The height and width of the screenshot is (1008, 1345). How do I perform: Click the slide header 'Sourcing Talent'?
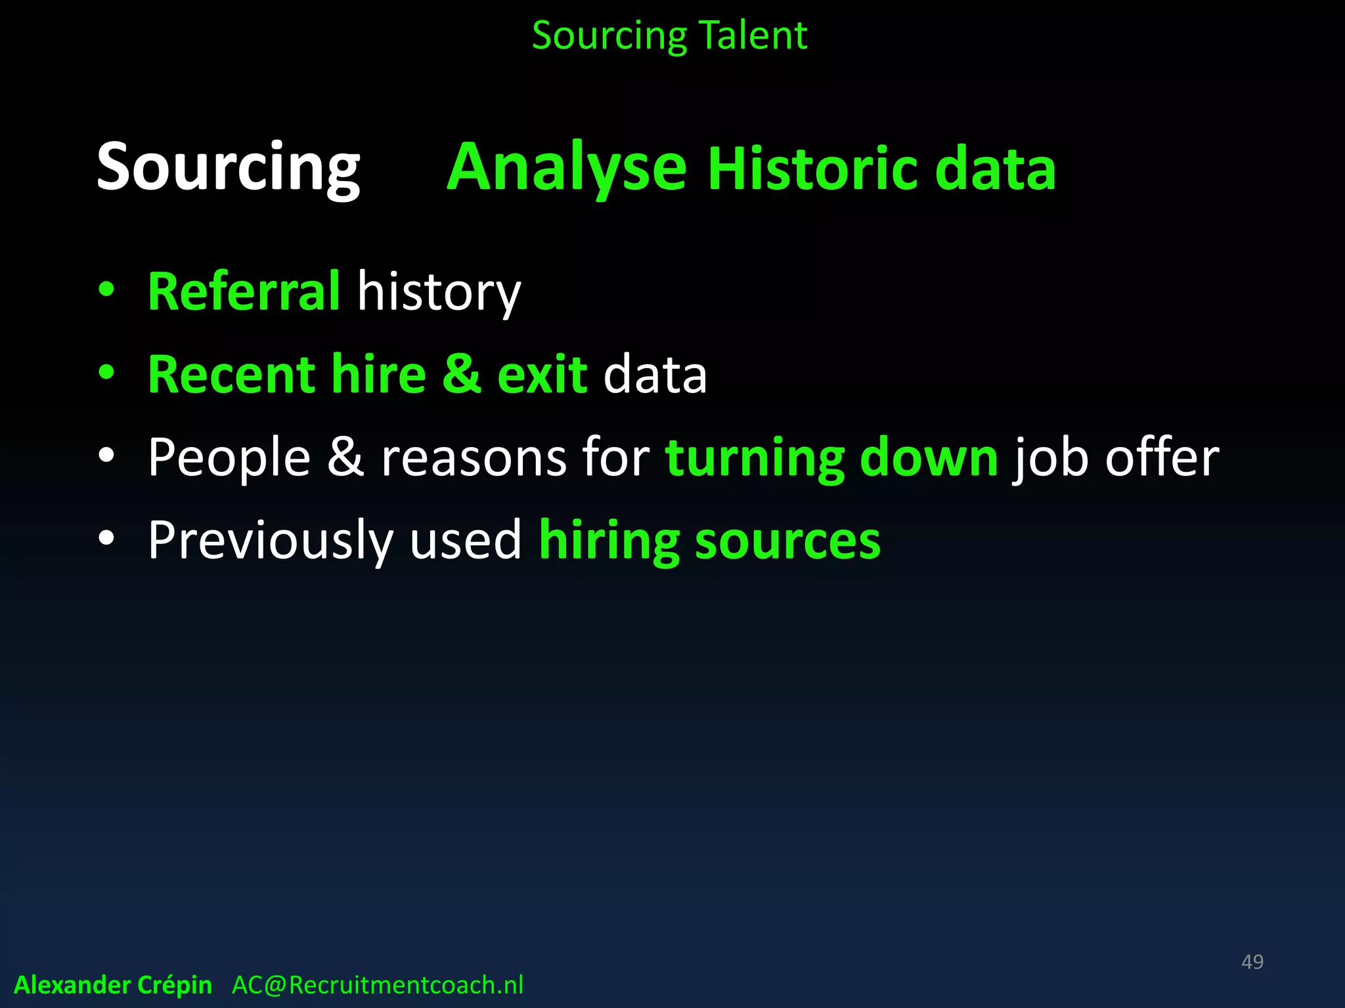669,35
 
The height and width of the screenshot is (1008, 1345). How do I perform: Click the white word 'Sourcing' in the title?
228,168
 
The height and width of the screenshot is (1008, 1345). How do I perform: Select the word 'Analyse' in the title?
567,168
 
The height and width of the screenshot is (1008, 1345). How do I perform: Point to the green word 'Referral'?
244,291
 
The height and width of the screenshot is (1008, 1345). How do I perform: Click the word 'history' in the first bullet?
439,293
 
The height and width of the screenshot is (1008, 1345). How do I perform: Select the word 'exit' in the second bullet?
542,375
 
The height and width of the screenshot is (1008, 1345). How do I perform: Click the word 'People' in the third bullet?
229,458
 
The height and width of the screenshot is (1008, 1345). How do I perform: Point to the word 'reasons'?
474,458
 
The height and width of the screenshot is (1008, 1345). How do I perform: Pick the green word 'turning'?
754,458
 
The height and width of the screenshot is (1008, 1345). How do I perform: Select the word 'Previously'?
270,541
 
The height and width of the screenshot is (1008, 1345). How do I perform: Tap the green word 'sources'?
787,541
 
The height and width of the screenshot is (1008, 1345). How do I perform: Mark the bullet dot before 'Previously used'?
106,538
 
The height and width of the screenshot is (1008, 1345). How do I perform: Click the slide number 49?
1252,962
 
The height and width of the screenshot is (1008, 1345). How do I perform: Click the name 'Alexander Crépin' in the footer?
113,985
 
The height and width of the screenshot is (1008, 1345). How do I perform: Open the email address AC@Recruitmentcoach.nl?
378,985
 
